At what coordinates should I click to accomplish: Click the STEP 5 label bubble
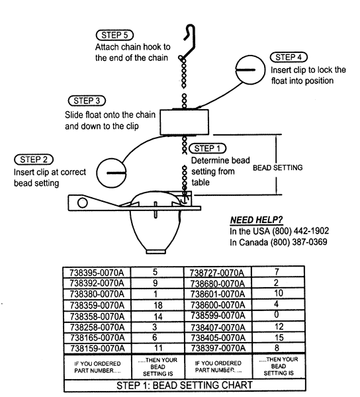click(x=114, y=35)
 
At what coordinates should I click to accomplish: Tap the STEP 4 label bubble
click(x=289, y=57)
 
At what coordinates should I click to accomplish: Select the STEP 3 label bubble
click(x=87, y=101)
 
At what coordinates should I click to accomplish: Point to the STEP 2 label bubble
click(x=34, y=159)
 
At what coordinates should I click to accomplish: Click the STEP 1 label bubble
click(x=208, y=148)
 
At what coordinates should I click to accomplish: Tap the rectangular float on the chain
click(x=185, y=122)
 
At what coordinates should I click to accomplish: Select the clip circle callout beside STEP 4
click(x=250, y=70)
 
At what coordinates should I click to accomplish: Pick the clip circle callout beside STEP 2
click(x=111, y=173)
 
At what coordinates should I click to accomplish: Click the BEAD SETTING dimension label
click(x=278, y=167)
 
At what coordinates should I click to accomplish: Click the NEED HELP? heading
click(x=257, y=220)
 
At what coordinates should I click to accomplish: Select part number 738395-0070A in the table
click(x=97, y=273)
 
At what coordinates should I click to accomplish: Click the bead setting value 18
click(x=158, y=305)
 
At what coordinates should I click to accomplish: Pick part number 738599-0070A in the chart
click(x=218, y=316)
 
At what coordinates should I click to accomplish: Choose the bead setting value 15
click(x=279, y=337)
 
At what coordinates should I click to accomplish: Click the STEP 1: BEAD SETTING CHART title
click(x=185, y=385)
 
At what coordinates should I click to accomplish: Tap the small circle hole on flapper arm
click(x=83, y=203)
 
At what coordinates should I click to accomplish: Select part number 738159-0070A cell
click(x=97, y=349)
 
